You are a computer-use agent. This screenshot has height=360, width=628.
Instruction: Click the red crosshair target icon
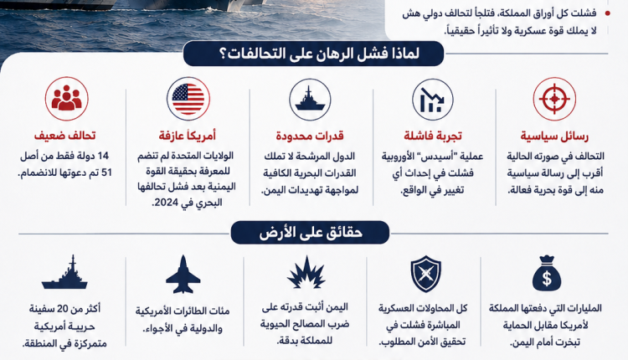coord(554,99)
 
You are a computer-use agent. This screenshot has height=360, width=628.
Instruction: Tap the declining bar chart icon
coord(433,100)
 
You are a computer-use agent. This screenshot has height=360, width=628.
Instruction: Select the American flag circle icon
coord(188,99)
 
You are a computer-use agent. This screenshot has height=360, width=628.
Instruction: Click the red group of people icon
coord(66,99)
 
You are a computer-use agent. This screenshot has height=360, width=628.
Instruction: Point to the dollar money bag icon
coord(546,273)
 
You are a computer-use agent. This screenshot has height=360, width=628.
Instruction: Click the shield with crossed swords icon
coord(425,275)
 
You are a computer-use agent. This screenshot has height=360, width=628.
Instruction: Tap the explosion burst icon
coord(306,273)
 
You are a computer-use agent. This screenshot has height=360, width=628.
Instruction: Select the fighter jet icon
coord(183,275)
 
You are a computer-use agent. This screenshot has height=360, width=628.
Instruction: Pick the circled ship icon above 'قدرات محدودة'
coord(310,100)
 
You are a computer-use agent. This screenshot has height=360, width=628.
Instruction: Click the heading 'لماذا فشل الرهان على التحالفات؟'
coord(314,54)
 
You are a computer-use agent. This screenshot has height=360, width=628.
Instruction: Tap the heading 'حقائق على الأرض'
coord(310,232)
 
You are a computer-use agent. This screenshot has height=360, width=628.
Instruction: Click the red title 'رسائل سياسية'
coord(554,136)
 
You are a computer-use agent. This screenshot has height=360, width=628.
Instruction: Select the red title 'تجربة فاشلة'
coord(433,136)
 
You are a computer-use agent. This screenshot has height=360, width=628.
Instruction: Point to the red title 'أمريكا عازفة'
coord(188,136)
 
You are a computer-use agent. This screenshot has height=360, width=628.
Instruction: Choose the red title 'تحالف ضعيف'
coord(64,136)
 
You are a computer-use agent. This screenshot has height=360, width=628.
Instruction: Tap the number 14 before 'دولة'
coord(103,156)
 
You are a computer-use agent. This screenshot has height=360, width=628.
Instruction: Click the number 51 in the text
coord(106,173)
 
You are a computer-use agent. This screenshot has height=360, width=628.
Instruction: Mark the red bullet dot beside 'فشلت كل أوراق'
coord(608,13)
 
